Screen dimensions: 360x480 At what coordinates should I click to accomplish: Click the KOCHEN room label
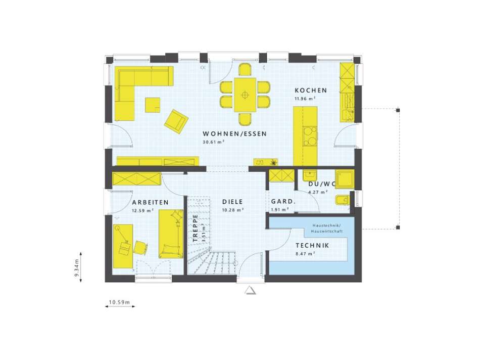[311, 91]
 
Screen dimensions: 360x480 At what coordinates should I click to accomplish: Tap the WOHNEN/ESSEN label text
[234, 134]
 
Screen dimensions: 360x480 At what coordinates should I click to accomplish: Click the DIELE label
[233, 202]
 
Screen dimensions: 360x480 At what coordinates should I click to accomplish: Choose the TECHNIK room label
[313, 246]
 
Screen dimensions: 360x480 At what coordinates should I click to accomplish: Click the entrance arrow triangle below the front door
[250, 290]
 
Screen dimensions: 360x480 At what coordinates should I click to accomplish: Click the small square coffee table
[153, 105]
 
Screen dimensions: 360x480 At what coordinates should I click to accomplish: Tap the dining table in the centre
[245, 95]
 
